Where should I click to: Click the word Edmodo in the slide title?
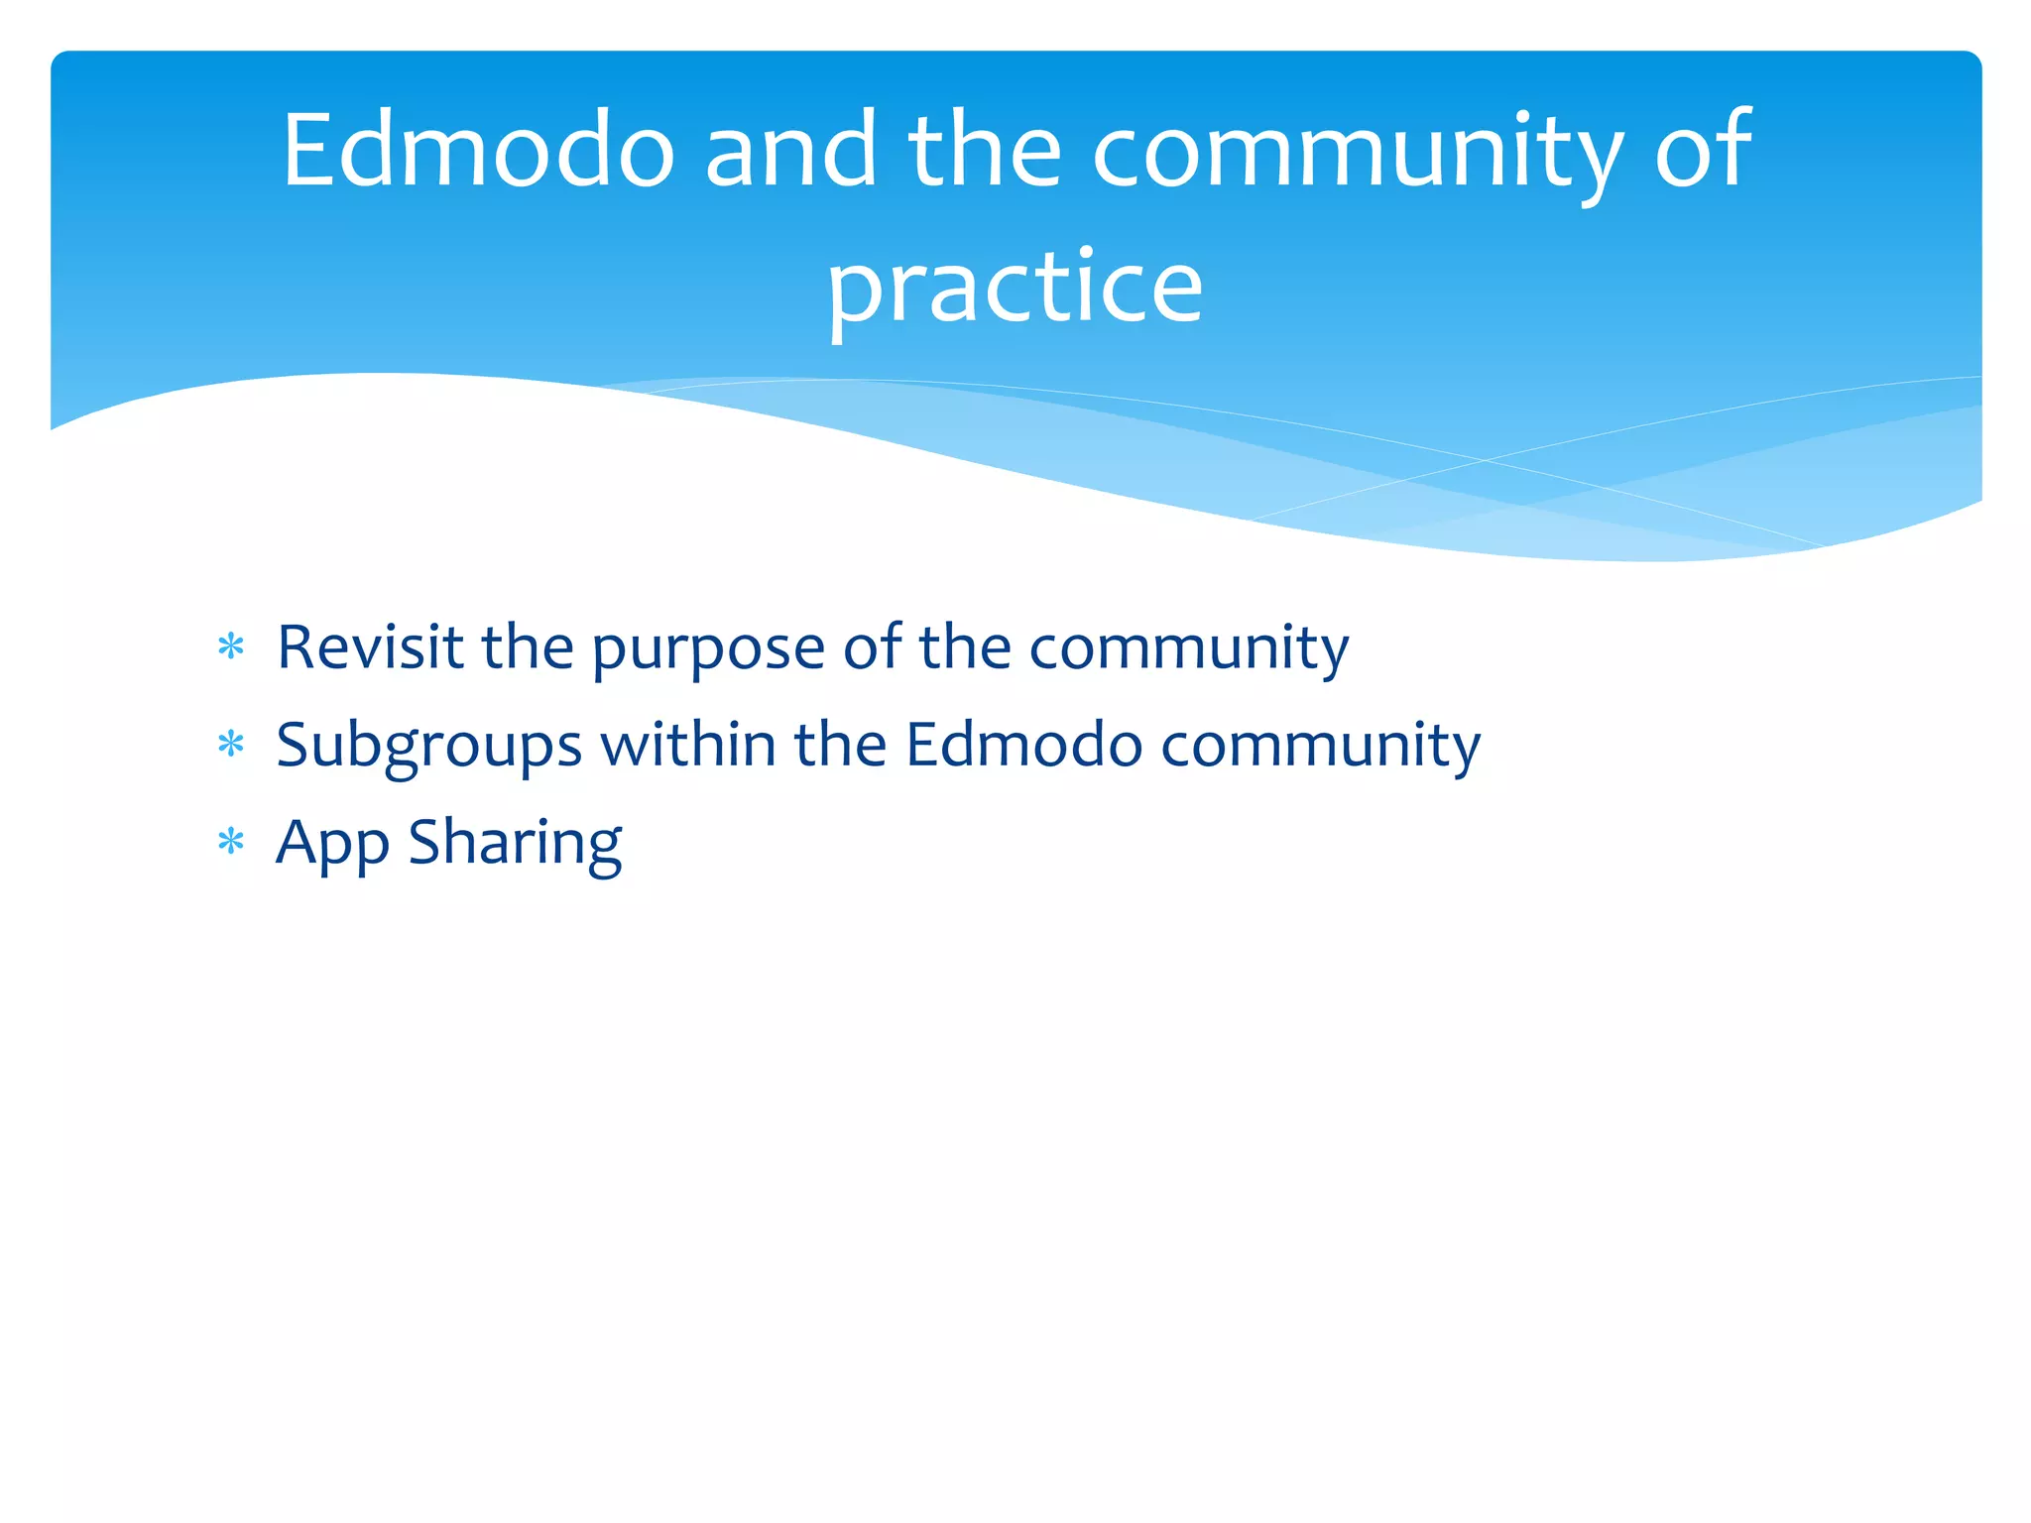[478, 150]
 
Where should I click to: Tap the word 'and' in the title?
[790, 150]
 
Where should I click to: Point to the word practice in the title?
[1015, 288]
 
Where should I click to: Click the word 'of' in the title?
[1702, 150]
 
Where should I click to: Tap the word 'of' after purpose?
[873, 647]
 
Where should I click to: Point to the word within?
[688, 745]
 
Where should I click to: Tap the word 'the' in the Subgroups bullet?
[840, 745]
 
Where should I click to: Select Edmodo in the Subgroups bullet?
[1024, 745]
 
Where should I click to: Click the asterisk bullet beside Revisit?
[231, 647]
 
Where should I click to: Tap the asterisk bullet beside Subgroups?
[231, 745]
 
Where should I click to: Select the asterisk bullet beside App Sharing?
[231, 842]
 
